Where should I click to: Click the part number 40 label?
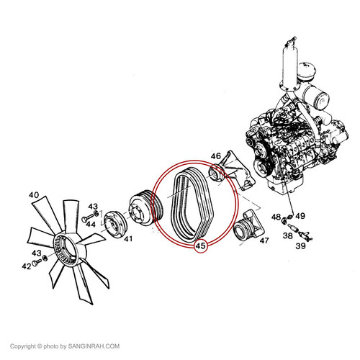[x=34, y=195]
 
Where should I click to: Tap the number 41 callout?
[x=128, y=238]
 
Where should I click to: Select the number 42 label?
[x=27, y=266]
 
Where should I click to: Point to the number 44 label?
[x=91, y=225]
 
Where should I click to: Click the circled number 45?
[x=201, y=246]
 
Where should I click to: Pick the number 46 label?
[x=215, y=156]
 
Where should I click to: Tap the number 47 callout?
[x=264, y=240]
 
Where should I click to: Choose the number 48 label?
[x=276, y=217]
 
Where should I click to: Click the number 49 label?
[x=300, y=216]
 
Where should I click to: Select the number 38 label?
[x=288, y=236]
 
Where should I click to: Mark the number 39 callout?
[x=300, y=246]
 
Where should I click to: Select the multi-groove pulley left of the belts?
[x=146, y=207]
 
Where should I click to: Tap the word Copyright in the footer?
[x=23, y=346]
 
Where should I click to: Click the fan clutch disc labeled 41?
[x=116, y=225]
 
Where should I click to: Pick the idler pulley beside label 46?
[x=217, y=174]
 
